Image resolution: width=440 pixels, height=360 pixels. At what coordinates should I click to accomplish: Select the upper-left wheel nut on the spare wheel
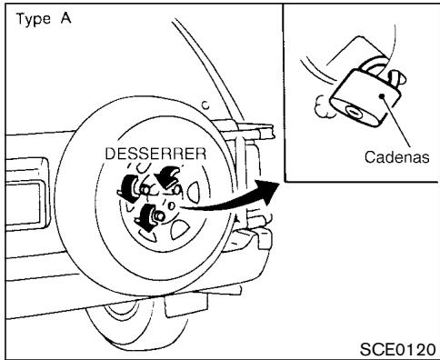pyautogui.click(x=134, y=185)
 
